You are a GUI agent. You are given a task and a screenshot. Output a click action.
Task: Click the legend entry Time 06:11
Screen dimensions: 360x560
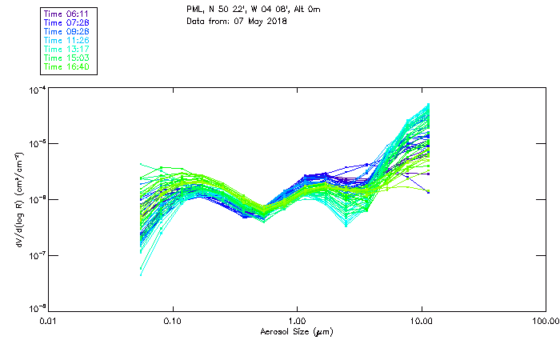68,14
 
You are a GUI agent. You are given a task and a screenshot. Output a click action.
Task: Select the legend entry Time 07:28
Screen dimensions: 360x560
68,22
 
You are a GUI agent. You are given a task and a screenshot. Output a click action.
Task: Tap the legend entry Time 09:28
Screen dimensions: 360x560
68,31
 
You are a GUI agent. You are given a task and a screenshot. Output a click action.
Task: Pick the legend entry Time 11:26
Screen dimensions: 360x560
68,40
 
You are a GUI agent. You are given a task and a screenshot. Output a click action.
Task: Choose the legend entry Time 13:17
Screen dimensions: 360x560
68,49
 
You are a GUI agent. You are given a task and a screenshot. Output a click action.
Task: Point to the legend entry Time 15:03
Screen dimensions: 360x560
68,58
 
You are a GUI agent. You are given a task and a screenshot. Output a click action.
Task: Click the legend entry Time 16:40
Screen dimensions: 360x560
68,66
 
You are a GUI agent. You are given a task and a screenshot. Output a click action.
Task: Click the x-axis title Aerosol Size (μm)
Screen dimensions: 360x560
297,331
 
